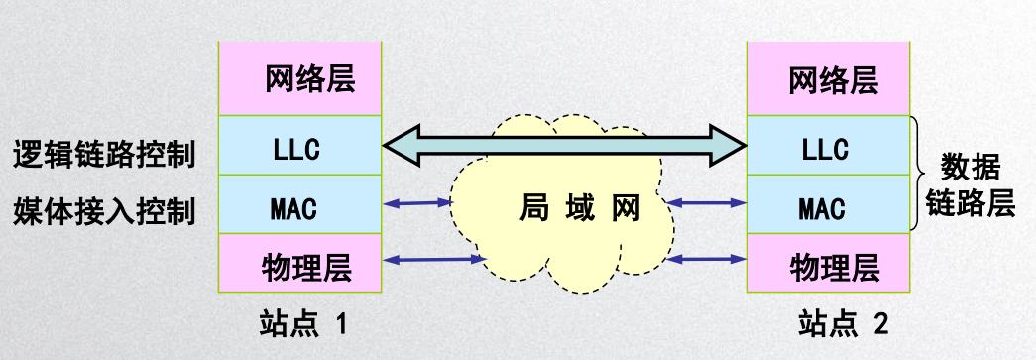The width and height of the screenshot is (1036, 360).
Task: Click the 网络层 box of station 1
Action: pos(300,78)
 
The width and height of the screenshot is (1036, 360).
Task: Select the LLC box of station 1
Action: pos(300,147)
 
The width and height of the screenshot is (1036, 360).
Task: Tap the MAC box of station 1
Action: pos(300,205)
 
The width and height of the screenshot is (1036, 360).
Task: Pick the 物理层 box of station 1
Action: pos(300,264)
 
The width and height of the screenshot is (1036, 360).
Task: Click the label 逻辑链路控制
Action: pos(103,154)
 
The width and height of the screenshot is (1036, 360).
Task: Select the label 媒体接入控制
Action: pos(103,210)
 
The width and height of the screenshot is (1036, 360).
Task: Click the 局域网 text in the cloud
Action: pos(580,208)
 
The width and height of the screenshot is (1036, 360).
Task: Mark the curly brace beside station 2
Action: pos(918,175)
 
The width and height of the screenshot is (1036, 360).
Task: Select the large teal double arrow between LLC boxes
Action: pos(564,147)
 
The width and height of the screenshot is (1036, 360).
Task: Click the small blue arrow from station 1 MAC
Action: pos(417,203)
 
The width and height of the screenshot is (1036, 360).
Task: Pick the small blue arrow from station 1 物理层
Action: pos(431,260)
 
